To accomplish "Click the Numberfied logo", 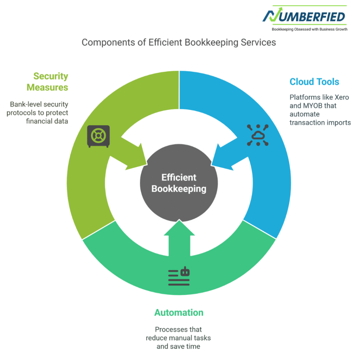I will tap(304, 16).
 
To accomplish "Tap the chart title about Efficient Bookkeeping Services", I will tap(179, 43).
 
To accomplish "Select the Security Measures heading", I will tap(47, 82).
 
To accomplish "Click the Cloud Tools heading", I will tap(314, 82).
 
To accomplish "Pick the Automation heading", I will tap(179, 313).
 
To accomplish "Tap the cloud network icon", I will tap(258, 135).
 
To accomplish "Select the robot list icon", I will tap(179, 277).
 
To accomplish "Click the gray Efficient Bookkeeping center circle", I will tap(179, 183).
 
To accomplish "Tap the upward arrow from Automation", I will tap(179, 239).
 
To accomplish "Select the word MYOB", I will tap(311, 105).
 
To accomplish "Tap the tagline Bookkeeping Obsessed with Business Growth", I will tap(304, 29).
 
